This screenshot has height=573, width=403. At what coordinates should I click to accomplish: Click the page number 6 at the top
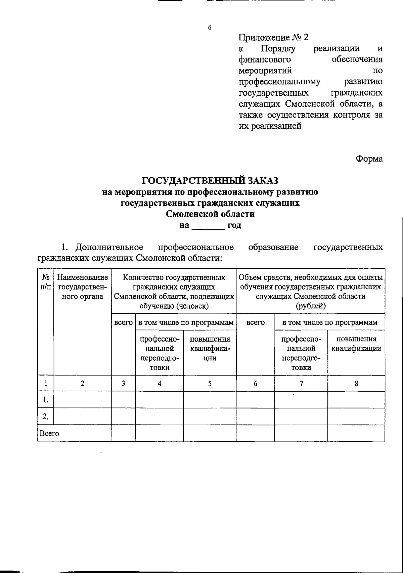coord(210,28)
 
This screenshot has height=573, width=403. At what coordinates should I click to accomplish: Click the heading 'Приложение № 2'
coord(273,37)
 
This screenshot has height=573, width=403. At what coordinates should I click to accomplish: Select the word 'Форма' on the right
coord(369,159)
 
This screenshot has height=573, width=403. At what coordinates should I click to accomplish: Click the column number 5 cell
coord(210,384)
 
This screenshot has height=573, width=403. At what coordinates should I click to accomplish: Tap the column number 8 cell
coord(356,384)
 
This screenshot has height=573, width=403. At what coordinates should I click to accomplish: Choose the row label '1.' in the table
coord(46,400)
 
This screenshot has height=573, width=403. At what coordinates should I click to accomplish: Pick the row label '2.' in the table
coord(46,417)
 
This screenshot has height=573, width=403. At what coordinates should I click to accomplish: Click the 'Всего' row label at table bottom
coord(49,433)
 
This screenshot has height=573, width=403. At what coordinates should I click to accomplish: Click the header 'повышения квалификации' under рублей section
coord(356,344)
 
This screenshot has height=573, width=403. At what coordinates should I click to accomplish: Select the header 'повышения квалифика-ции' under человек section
coord(210,348)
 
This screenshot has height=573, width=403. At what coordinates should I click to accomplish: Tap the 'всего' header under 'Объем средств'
coord(255,323)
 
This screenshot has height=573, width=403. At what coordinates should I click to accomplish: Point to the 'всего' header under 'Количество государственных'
coord(123,323)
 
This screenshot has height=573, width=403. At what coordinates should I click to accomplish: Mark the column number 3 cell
coord(123,384)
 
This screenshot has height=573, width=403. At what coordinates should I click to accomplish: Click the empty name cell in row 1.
coord(83,400)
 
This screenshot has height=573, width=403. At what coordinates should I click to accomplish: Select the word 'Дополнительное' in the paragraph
coord(109,248)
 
